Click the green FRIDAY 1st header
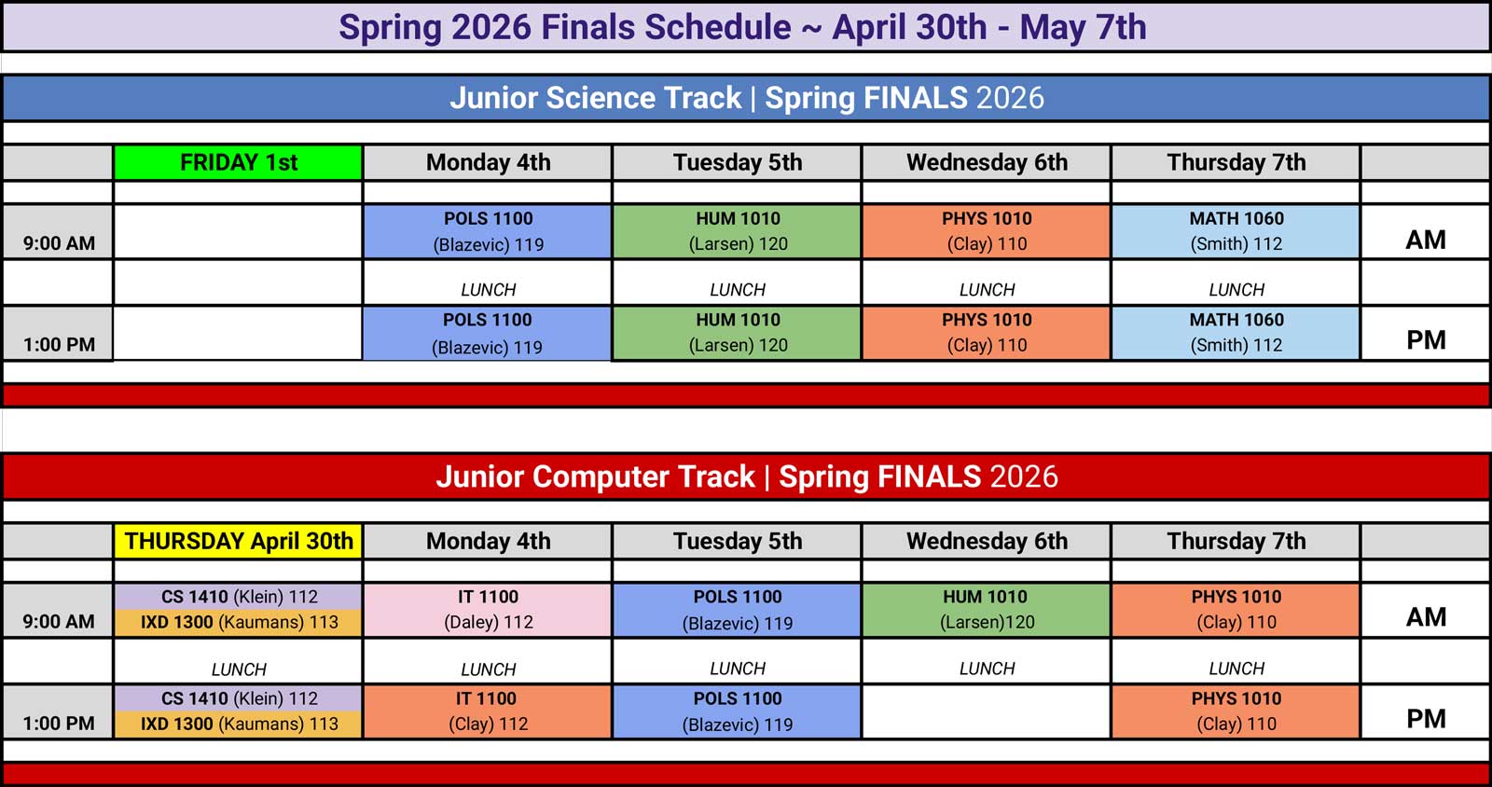238,162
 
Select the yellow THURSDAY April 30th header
239,541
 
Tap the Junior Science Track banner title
746,98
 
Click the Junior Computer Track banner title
746,476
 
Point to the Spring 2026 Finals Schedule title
742,27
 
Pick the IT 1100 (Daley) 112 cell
488,610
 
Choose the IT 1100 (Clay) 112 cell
488,711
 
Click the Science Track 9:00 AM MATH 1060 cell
1236,231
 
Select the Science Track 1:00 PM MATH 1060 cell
1236,333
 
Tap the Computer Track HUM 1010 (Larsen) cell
987,610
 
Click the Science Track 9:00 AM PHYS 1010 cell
987,231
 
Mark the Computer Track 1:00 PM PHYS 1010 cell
1236,711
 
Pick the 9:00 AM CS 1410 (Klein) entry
239,597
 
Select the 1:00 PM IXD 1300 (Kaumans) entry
239,725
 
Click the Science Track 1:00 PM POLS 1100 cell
487,333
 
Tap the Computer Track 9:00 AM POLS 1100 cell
738,610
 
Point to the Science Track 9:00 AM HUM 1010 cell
738,231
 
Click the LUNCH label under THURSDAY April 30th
239,670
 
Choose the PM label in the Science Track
1426,340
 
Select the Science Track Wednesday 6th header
987,162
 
